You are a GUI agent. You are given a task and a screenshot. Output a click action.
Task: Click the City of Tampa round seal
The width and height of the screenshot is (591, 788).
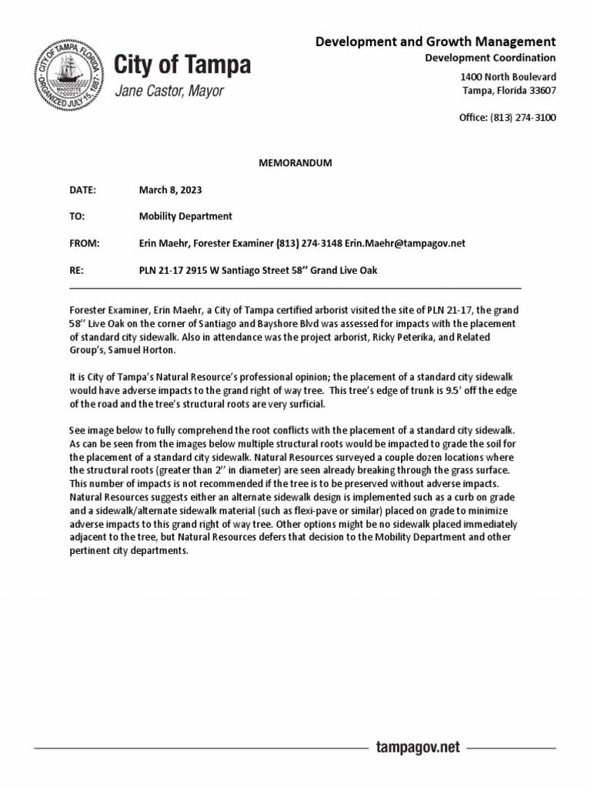(x=69, y=78)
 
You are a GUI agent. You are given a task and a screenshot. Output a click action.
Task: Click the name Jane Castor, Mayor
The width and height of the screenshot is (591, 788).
(x=169, y=92)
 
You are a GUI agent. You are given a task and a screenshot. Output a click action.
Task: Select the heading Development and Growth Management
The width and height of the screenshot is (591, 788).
(x=435, y=42)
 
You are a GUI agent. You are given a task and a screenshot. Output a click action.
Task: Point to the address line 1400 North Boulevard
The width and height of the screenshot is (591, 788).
(x=508, y=77)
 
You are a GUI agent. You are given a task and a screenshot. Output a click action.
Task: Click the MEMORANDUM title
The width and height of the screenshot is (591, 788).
(x=295, y=163)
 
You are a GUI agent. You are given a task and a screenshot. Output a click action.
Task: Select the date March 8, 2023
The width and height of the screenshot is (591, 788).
(x=170, y=190)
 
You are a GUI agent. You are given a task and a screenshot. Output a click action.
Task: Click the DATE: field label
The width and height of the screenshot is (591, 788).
(x=82, y=190)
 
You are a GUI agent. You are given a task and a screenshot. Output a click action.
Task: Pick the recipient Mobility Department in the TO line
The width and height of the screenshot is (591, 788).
(x=185, y=216)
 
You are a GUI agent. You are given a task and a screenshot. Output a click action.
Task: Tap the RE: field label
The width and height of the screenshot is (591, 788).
(x=76, y=270)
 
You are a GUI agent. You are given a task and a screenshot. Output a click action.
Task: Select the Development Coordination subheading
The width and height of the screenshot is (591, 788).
(x=490, y=58)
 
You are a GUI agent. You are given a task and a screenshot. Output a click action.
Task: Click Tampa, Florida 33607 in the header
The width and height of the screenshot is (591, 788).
(x=509, y=91)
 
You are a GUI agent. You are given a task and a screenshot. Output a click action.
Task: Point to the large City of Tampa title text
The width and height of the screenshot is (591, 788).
(x=182, y=65)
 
